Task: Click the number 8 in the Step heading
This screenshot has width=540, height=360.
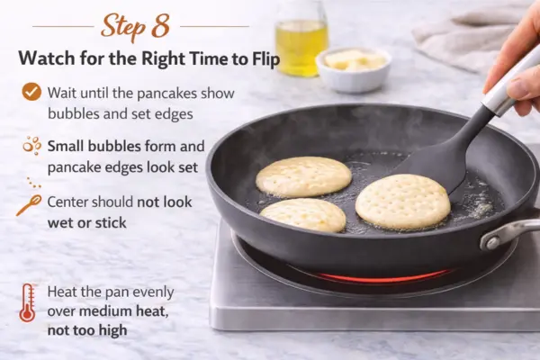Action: click(160, 26)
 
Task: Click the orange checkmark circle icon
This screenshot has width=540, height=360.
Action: click(31, 91)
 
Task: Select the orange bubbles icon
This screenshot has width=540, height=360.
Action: click(32, 145)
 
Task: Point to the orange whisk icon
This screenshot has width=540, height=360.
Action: click(29, 205)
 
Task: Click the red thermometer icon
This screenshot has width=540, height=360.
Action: click(27, 302)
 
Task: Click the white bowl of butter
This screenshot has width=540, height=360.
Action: click(354, 69)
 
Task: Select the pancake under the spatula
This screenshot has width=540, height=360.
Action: click(402, 202)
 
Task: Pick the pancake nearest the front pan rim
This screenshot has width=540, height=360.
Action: click(303, 215)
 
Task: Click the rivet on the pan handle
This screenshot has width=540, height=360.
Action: click(492, 242)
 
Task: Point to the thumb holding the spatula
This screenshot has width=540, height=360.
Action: click(521, 87)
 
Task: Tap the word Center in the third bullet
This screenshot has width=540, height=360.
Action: click(67, 202)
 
